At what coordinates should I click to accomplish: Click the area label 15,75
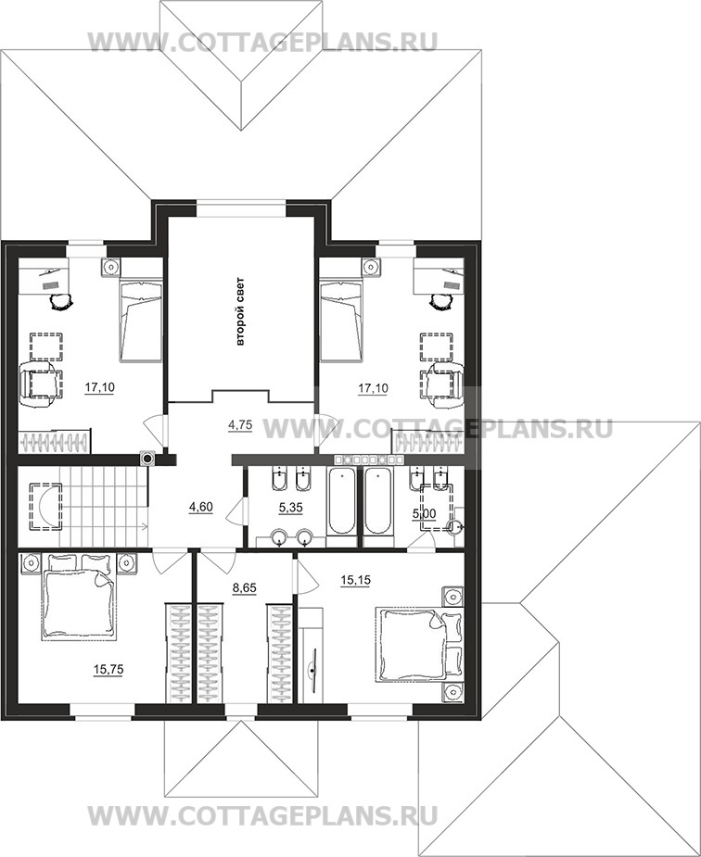point(108,670)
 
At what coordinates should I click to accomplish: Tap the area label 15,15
point(355,580)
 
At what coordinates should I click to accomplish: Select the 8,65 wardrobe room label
point(244,588)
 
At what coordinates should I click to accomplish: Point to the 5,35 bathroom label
point(290,508)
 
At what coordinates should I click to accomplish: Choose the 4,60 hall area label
point(200,507)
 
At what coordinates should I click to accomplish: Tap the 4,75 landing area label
point(240,425)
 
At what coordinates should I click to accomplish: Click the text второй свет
point(239,312)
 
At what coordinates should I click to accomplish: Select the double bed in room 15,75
point(79,598)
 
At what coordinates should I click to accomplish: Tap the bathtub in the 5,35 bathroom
point(342,501)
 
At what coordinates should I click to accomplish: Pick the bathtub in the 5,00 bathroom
point(378,501)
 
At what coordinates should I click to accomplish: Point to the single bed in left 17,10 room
point(141,320)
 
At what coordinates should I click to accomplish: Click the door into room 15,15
point(305,576)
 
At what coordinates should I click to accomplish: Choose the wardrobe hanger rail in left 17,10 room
point(53,442)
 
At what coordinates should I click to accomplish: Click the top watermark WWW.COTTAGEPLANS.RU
point(262,42)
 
